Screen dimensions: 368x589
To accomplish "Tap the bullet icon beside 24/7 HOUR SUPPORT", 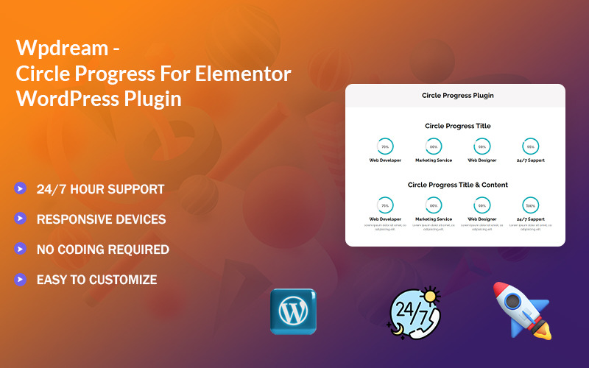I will [20, 188].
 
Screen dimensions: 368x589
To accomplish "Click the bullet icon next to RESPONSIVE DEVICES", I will [20, 219].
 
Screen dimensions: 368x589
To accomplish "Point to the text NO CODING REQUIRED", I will [103, 250].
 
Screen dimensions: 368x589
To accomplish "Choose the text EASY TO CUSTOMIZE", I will [96, 280].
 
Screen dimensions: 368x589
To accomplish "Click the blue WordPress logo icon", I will [293, 311].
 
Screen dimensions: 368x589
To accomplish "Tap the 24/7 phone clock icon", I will [413, 313].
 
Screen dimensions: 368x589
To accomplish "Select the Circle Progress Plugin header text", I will [457, 96].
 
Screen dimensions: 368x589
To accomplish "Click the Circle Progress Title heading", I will [457, 126].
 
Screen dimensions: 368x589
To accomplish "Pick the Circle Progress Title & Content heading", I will [457, 185].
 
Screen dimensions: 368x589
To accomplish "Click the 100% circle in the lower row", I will [530, 205].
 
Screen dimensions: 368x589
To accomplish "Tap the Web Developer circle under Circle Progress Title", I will [385, 146].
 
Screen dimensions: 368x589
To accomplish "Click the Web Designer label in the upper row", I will [482, 160].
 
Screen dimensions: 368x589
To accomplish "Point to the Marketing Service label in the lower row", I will [434, 219].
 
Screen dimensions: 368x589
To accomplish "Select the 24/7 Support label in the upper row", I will [530, 160].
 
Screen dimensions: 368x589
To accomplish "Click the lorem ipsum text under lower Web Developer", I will [385, 227].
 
